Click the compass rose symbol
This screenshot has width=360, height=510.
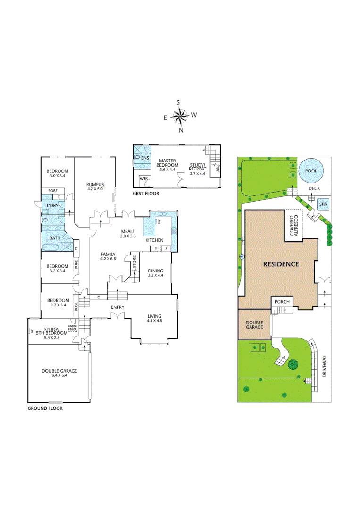[179, 116]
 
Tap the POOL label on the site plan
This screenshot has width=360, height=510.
[311, 171]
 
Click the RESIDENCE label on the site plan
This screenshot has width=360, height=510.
[281, 264]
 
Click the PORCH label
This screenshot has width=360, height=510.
[282, 302]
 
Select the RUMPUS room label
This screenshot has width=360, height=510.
[94, 184]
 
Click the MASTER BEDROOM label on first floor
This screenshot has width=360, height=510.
[167, 163]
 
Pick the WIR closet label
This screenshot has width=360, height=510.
[143, 179]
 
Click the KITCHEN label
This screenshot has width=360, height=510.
[154, 240]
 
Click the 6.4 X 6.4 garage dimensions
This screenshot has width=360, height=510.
[59, 376]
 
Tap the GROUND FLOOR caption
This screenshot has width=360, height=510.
[45, 408]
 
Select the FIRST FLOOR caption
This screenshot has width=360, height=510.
[146, 194]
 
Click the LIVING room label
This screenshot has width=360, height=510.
[154, 316]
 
